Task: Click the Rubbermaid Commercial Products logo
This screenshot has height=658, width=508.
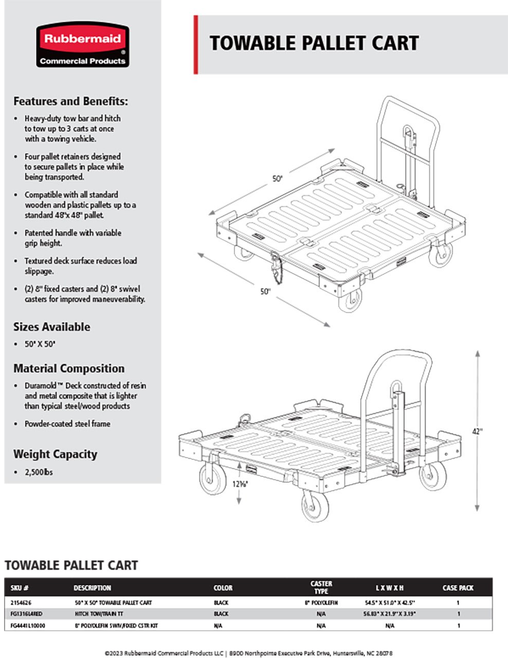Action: tap(82, 45)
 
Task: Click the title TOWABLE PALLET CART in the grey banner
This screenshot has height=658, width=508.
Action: tap(314, 43)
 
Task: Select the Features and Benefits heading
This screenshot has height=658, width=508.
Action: tap(70, 101)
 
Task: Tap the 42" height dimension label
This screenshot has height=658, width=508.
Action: tap(478, 431)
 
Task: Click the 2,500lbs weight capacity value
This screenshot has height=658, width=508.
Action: tap(39, 472)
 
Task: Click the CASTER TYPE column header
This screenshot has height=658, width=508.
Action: tap(321, 588)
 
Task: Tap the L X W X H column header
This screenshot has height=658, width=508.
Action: tap(389, 588)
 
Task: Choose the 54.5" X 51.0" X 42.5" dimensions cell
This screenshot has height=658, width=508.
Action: tap(389, 602)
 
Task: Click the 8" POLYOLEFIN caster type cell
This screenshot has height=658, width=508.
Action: tap(321, 602)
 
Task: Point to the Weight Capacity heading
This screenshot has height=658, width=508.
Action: tap(55, 454)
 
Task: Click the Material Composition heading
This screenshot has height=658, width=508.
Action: tap(69, 369)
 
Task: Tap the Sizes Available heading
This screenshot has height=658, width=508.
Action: tap(51, 327)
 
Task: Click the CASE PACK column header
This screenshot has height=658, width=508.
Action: tap(458, 588)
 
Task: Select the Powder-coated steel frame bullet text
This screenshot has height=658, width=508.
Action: tap(67, 424)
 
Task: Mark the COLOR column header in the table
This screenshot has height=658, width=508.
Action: tap(223, 588)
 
